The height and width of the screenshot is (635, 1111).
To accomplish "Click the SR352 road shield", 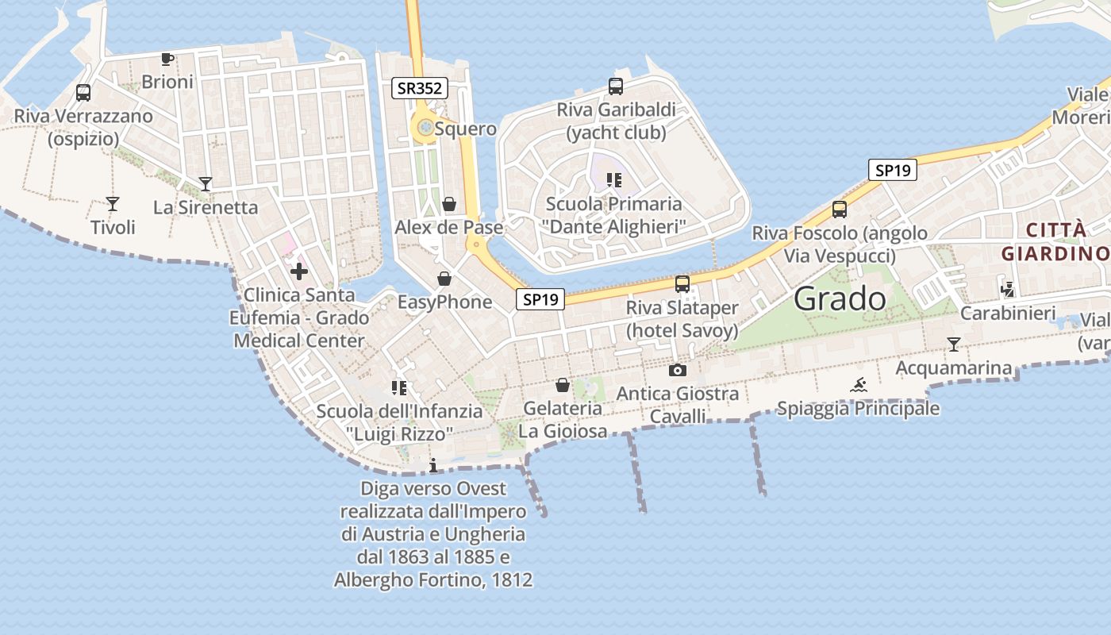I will coord(419,88).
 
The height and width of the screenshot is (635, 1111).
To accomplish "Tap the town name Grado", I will coord(840,298).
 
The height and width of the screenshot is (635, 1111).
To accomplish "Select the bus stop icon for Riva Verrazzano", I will coord(83,92).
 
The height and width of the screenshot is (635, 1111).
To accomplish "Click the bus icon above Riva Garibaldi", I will coord(616,86).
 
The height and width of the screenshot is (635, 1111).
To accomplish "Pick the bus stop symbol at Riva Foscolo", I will coord(840,210).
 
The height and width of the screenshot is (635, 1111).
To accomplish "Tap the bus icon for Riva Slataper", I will coord(682,283).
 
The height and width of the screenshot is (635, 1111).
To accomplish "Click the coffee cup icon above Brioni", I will coord(167,59).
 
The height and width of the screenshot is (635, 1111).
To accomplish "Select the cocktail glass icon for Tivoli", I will coord(113,204).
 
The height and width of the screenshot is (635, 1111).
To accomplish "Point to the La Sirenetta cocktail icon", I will coord(206,184).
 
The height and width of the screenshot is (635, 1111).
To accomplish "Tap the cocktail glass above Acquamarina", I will coord(954,344).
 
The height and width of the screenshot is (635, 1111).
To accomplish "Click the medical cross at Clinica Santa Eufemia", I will coord(299,272).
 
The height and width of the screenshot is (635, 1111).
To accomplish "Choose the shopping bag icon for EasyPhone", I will coord(444,279).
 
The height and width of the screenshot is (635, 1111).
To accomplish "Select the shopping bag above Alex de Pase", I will coord(449,204).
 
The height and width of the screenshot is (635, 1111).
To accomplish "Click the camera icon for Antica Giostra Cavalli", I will coord(677,370).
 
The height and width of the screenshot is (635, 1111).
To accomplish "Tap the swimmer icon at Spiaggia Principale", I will coord(858,386).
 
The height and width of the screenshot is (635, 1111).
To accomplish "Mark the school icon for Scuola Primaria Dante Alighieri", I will coord(613,180).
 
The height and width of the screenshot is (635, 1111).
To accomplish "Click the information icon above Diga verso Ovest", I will coord(433,465).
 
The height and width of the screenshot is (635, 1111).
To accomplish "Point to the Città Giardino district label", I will coord(1055,242).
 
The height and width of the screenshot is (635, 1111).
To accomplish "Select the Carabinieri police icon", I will coord(1008,290).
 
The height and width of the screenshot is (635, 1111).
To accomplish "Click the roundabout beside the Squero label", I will coord(425,127).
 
